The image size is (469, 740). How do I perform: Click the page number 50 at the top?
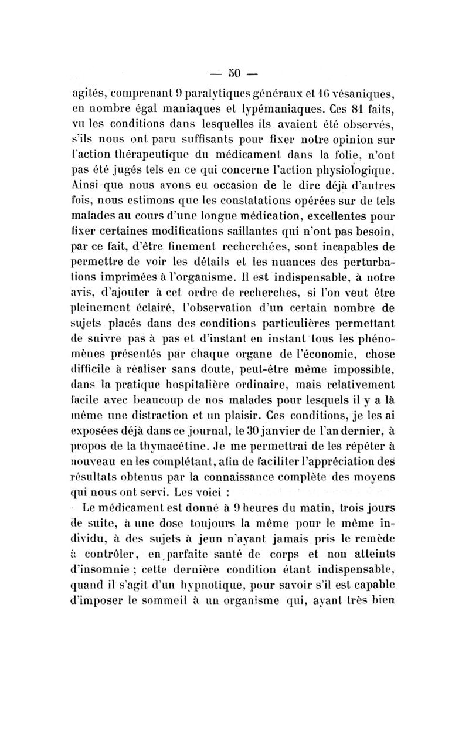[235, 74]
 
